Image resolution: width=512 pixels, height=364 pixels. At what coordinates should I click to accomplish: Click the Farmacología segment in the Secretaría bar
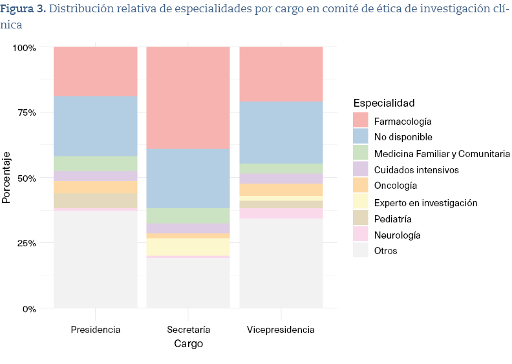tap(188, 97)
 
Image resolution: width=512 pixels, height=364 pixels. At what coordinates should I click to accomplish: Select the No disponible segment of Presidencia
tap(95, 126)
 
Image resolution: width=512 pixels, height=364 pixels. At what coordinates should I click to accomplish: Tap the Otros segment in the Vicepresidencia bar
tap(281, 263)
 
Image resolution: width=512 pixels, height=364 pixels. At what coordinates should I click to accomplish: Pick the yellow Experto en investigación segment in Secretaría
tap(188, 247)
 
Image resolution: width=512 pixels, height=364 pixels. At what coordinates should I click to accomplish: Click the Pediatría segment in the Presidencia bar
tap(95, 200)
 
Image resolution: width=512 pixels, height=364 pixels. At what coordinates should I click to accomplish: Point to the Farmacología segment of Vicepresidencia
tap(281, 74)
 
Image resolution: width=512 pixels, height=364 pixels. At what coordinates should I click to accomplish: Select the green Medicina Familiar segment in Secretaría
tap(188, 215)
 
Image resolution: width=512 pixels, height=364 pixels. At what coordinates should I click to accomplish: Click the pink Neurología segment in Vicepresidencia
tap(281, 213)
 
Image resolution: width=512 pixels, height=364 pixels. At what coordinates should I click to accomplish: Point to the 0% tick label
tap(28, 308)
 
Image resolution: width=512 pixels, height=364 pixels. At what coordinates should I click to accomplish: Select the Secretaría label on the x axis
tap(188, 330)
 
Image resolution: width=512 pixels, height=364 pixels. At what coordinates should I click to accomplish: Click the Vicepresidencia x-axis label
tap(281, 330)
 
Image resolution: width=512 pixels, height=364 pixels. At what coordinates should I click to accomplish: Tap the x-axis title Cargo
tap(188, 344)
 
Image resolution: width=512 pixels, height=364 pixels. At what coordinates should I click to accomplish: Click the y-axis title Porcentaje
tap(6, 178)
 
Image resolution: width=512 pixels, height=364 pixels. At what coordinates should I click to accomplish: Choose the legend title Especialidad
tap(384, 103)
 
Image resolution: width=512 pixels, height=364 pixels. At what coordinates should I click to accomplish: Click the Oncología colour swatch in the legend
tap(361, 186)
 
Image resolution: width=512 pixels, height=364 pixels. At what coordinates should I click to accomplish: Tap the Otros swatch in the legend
tap(361, 251)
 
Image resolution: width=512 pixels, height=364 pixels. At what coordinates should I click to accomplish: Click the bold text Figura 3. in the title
tap(23, 9)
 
